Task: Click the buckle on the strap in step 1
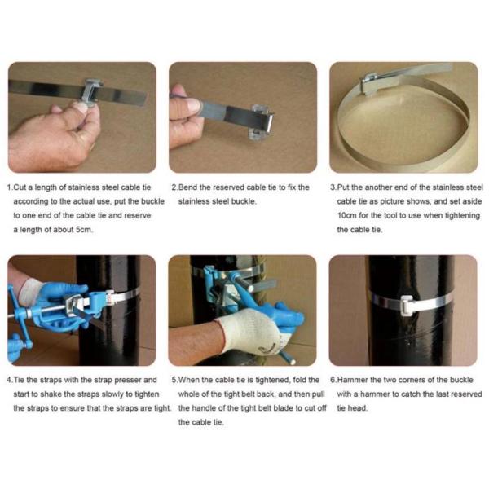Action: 93,91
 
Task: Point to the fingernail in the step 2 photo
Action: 192,105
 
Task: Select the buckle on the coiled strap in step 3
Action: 369,83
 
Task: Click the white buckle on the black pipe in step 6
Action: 407,303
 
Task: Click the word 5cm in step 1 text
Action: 84,230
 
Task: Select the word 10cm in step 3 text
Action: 347,215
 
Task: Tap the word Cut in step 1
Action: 20,187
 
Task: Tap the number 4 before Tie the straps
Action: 9,380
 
